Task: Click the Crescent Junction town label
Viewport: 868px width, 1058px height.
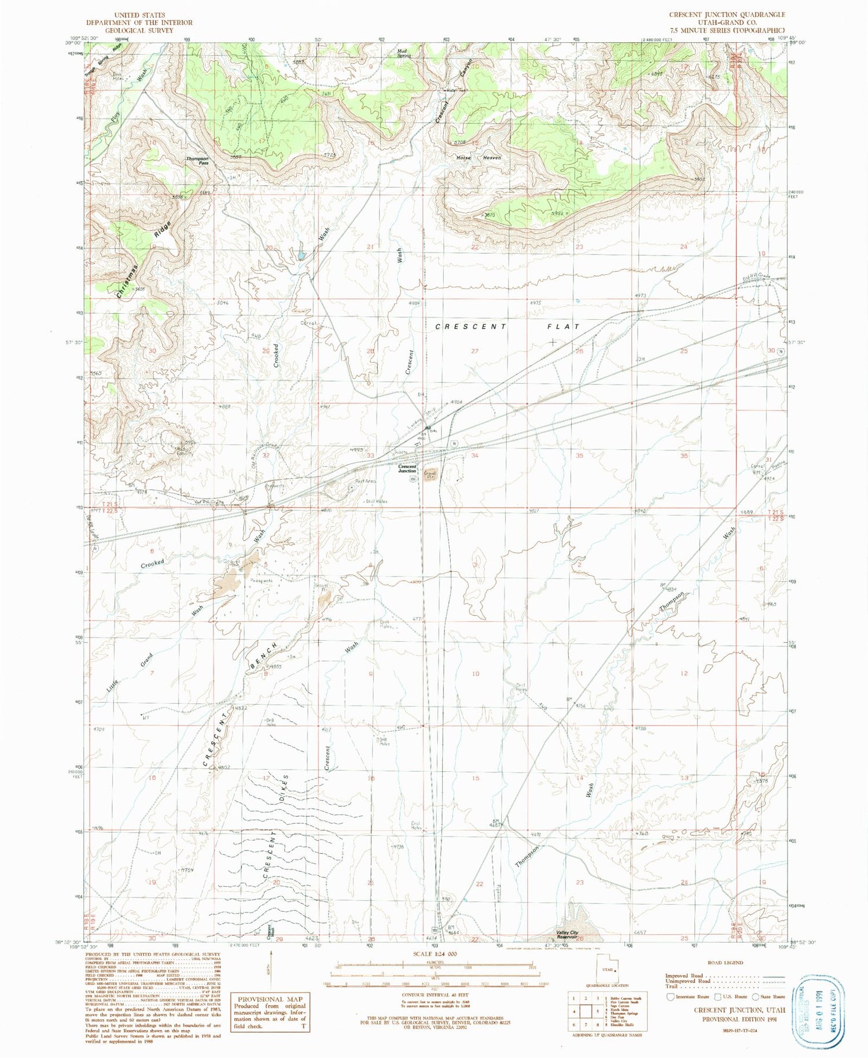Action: point(407,468)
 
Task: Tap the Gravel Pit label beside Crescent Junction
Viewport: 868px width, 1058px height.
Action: point(430,476)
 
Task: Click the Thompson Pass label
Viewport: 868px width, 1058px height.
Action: point(197,161)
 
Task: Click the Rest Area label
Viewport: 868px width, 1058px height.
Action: point(366,481)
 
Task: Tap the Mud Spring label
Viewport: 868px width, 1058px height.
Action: point(403,53)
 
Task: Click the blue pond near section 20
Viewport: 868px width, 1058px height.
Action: point(301,255)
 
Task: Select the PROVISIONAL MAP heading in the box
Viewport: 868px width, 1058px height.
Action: point(269,999)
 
